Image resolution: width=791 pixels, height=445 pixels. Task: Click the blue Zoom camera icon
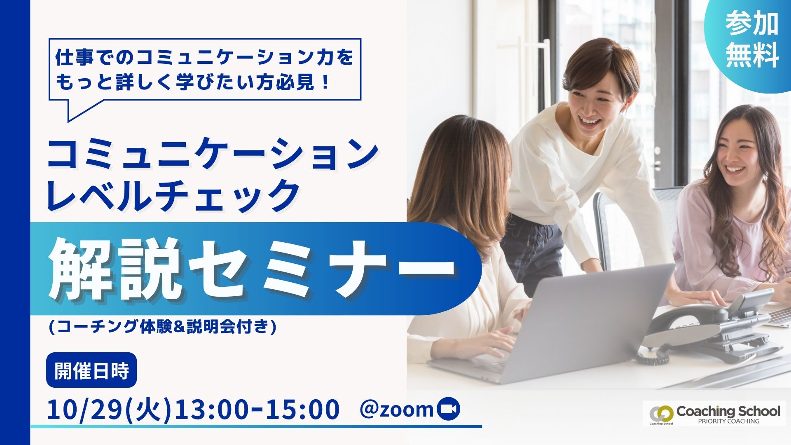(448, 409)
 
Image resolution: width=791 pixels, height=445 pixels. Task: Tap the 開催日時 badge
(91, 370)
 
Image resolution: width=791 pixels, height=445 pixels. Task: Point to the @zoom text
(397, 410)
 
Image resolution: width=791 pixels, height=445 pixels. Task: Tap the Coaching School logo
(712, 414)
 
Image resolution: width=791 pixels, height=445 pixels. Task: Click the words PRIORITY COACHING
(728, 421)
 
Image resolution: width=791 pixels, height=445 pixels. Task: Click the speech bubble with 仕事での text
(205, 69)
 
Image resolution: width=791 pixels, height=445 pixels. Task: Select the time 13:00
(212, 410)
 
